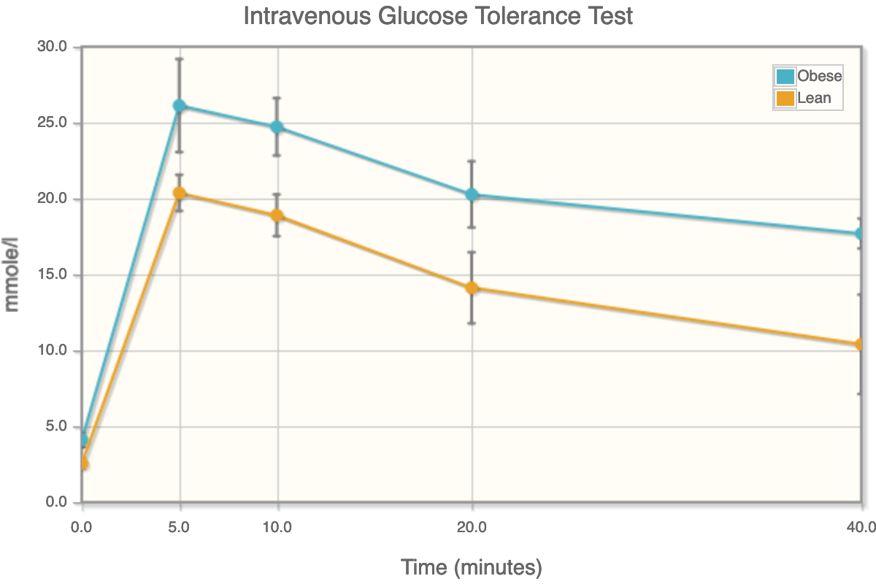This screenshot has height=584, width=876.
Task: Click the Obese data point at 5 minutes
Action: (x=180, y=106)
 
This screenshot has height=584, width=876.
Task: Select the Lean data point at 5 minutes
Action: (x=180, y=193)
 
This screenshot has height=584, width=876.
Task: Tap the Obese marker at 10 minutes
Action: (x=277, y=127)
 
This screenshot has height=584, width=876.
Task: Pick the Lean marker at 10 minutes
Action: (x=277, y=215)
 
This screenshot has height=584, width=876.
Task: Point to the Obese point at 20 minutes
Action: (x=472, y=195)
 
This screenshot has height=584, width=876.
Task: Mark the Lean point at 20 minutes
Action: (x=472, y=288)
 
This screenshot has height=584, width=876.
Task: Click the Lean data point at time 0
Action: (x=83, y=464)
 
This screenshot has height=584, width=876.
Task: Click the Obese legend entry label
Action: (x=819, y=76)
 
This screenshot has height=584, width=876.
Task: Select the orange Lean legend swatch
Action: (x=785, y=98)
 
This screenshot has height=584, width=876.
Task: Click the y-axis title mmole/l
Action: (x=12, y=275)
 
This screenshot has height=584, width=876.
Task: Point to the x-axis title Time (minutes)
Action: (x=471, y=566)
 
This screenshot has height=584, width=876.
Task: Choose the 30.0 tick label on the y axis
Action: (x=52, y=47)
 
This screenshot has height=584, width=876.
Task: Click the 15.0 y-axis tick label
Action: (x=52, y=275)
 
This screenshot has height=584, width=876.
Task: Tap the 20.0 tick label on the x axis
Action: (x=472, y=526)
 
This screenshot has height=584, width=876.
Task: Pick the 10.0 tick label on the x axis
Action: (x=277, y=526)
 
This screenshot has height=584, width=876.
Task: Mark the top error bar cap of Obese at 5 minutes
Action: (x=180, y=58)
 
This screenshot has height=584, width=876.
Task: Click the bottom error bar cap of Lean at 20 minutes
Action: (x=472, y=323)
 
